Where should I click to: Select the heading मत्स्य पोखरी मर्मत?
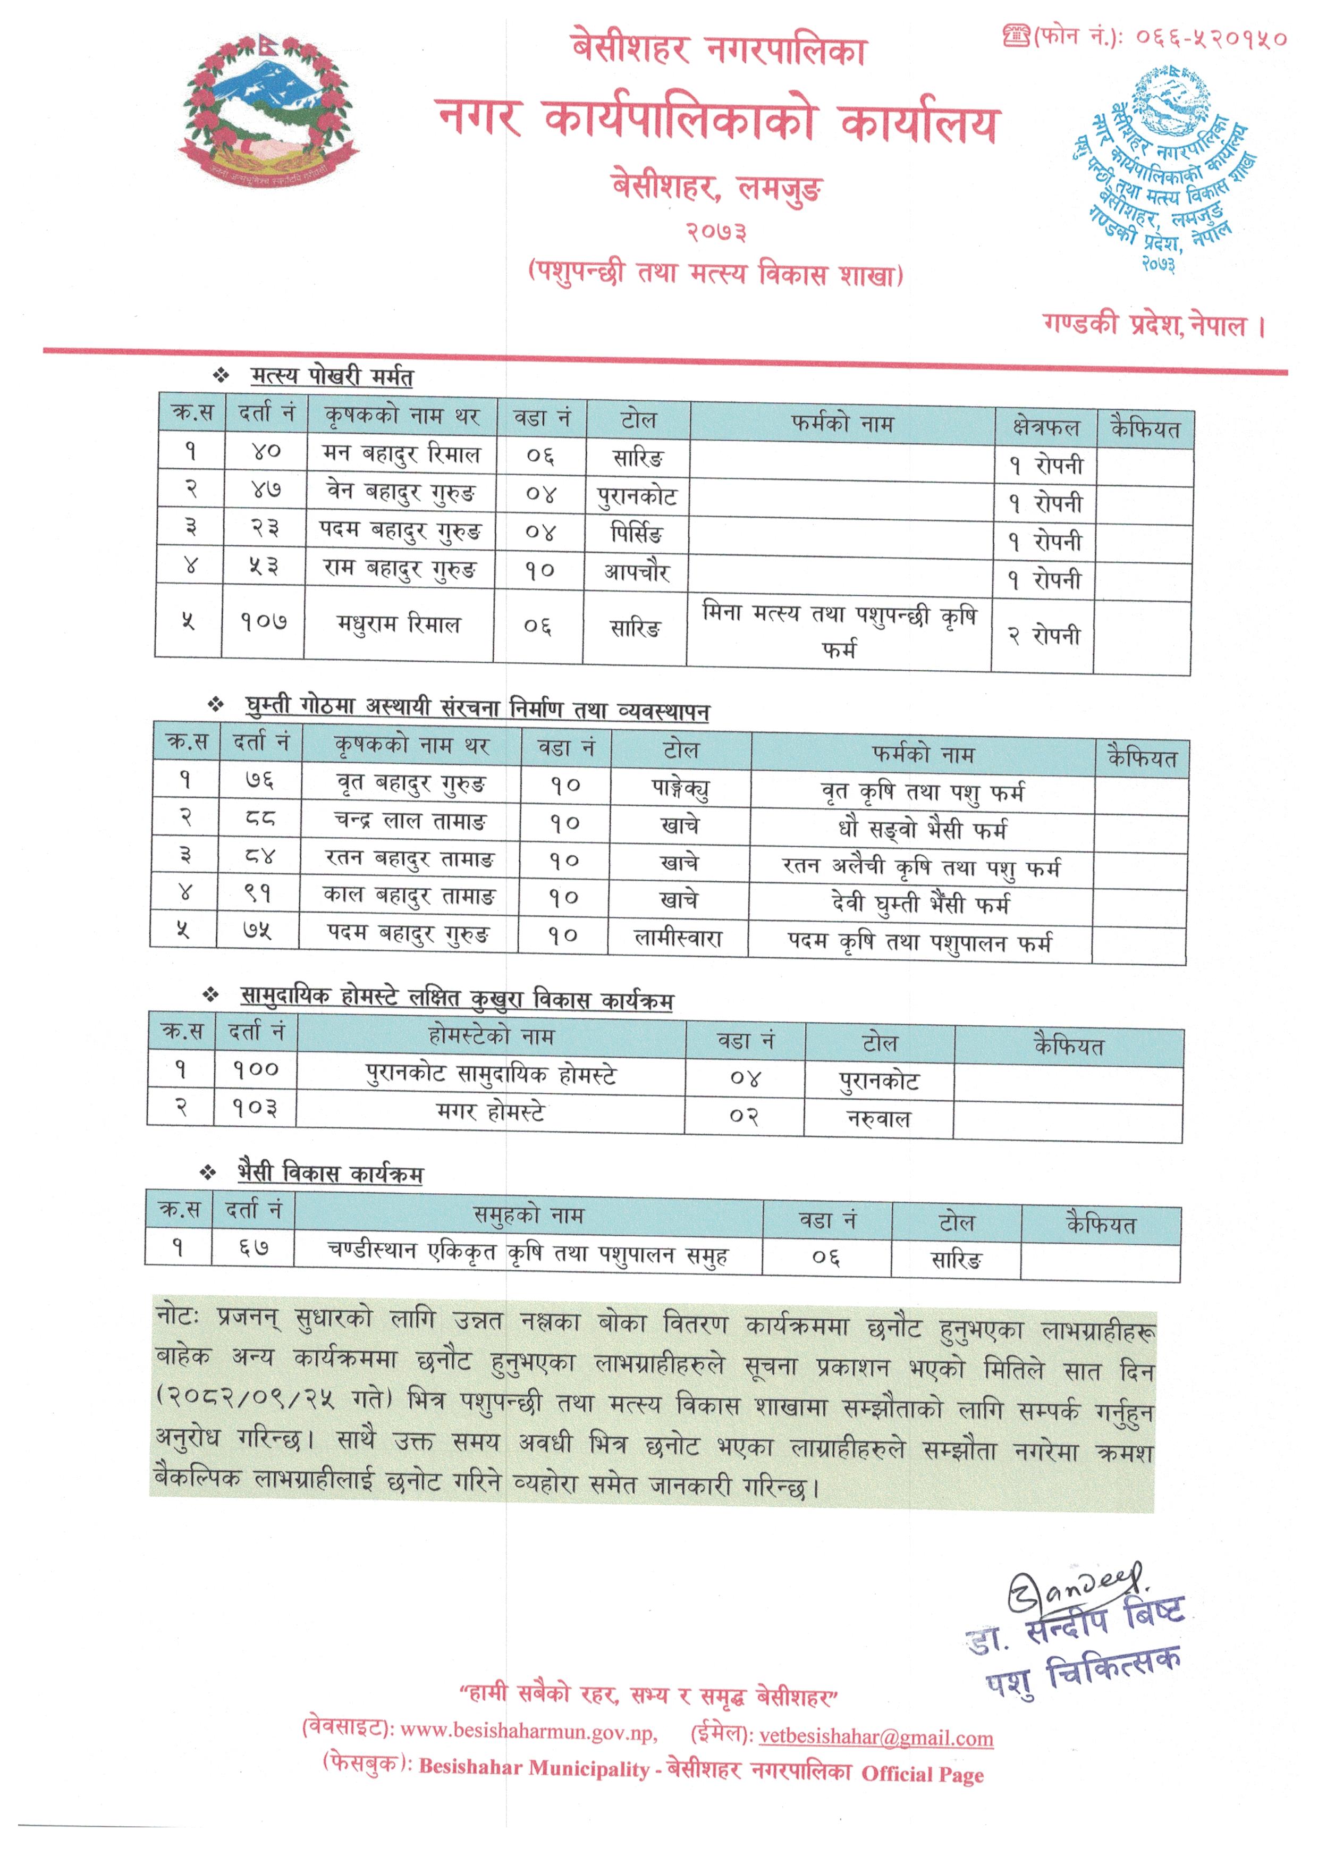click(x=331, y=377)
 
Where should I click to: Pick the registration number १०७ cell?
click(x=263, y=623)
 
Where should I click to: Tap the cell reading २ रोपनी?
click(x=1044, y=636)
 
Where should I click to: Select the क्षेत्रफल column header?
click(x=1046, y=426)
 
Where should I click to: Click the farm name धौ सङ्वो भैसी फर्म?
click(x=922, y=830)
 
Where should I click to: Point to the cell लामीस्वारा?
click(x=678, y=939)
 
